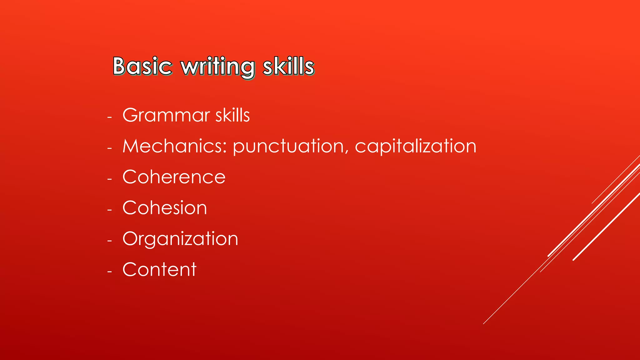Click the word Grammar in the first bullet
[x=166, y=115]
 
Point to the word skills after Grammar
[x=232, y=115]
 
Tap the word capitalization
[x=416, y=147]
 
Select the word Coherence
[x=174, y=177]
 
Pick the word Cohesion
[x=165, y=208]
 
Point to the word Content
[x=159, y=269]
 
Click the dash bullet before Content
[x=109, y=272]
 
